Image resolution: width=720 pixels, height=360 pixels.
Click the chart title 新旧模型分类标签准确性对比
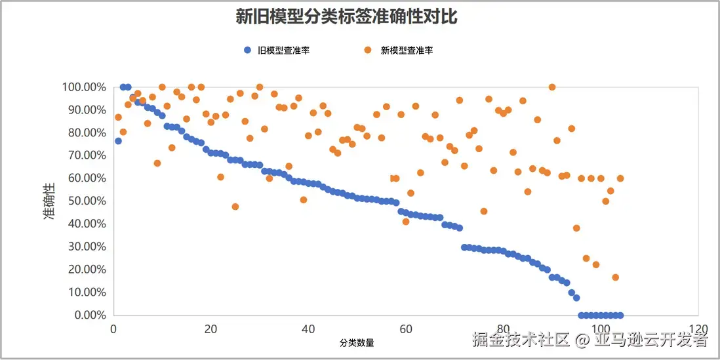[x=346, y=17]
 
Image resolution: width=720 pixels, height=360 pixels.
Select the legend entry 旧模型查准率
[x=283, y=50]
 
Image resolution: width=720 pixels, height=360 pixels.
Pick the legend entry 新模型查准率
[x=407, y=50]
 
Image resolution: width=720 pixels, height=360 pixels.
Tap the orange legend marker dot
[x=368, y=50]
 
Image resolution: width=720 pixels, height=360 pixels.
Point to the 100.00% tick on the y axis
[x=83, y=87]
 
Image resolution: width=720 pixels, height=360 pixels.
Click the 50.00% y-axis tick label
[x=86, y=201]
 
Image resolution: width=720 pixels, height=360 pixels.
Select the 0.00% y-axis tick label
[x=89, y=315]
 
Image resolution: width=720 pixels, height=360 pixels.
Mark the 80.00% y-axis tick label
[x=86, y=132]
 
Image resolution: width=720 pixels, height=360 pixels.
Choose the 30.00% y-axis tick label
[x=86, y=247]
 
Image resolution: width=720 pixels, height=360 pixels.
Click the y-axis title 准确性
[x=50, y=201]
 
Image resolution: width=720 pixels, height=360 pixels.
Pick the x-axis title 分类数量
[x=357, y=342]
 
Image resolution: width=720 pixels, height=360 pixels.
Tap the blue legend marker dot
[x=247, y=50]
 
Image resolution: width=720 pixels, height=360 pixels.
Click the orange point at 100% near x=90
[x=552, y=87]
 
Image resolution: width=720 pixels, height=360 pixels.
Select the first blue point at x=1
[x=118, y=141]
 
